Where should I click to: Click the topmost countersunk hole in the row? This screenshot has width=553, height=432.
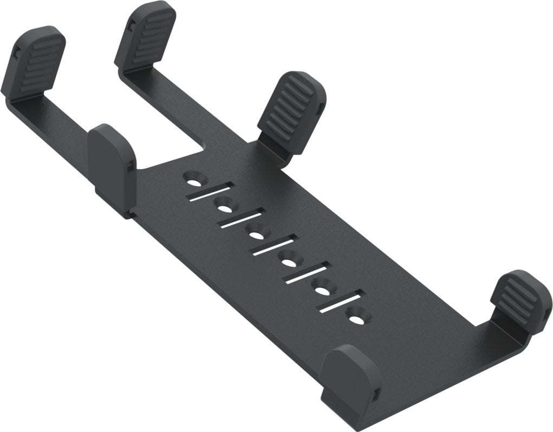pos(194,178)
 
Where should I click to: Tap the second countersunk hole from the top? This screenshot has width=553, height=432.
pos(226,205)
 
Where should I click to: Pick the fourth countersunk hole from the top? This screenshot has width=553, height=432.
pos(289,261)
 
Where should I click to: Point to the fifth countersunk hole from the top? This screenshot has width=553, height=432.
pos(322,289)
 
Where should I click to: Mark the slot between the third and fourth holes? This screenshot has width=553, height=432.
pos(274,247)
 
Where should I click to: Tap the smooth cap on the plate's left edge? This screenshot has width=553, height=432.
pos(112,165)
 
